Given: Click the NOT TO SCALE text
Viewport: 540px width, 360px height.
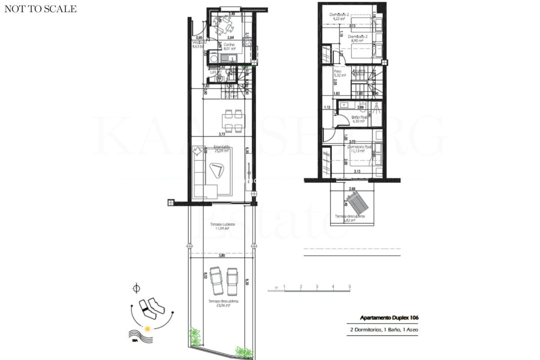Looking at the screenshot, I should [40, 9].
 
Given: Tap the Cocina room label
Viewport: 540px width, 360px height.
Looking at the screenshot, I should [229, 45].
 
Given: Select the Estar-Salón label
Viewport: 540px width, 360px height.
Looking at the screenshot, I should [222, 147].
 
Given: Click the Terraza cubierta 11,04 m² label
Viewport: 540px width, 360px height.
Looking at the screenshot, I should [222, 226].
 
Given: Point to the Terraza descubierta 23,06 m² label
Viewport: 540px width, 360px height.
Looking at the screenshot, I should [223, 303].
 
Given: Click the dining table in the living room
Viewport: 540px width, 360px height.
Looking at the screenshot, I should [233, 121].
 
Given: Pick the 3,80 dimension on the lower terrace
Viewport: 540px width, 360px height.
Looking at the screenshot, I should [222, 256].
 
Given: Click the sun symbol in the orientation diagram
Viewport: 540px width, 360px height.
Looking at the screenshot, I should [147, 328].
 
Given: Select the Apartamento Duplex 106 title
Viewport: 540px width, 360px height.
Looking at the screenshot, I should [389, 318].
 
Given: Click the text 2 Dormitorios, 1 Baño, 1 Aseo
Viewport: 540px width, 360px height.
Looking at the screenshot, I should [384, 330].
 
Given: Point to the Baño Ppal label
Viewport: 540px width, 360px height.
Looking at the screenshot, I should [358, 118].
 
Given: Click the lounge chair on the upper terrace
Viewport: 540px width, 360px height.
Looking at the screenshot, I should [357, 202].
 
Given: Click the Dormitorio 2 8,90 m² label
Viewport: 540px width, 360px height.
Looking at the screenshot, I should [357, 37].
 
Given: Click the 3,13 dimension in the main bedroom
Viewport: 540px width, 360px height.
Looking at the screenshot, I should [357, 171].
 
